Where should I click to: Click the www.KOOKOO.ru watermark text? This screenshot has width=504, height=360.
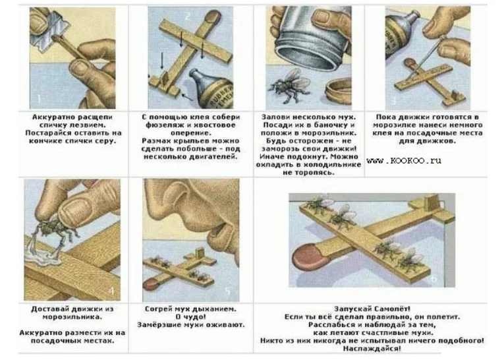point(404,160)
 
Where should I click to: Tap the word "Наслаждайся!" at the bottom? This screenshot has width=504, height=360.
point(372,348)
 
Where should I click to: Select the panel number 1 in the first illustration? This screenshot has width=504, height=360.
point(40,98)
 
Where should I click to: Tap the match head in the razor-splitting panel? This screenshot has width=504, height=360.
point(57,40)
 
